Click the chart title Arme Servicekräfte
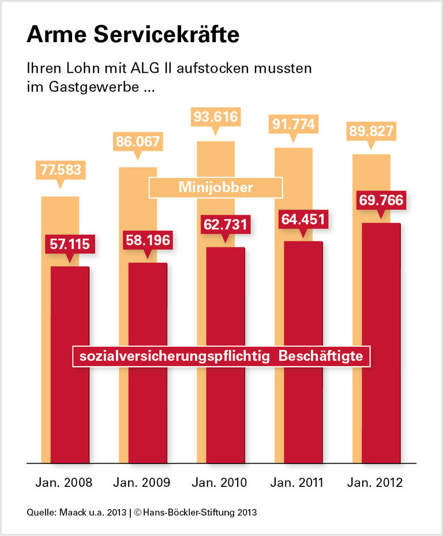pyautogui.click(x=133, y=35)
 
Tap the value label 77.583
pyautogui.click(x=61, y=170)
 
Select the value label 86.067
pyautogui.click(x=138, y=142)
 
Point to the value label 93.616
pyautogui.click(x=216, y=117)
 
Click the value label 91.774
pyautogui.click(x=293, y=125)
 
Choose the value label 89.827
pyautogui.click(x=370, y=131)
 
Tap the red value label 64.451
pyautogui.click(x=302, y=219)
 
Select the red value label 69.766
pyautogui.click(x=380, y=201)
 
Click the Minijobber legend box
pyautogui.click(x=216, y=188)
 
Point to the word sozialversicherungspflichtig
pyautogui.click(x=175, y=356)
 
